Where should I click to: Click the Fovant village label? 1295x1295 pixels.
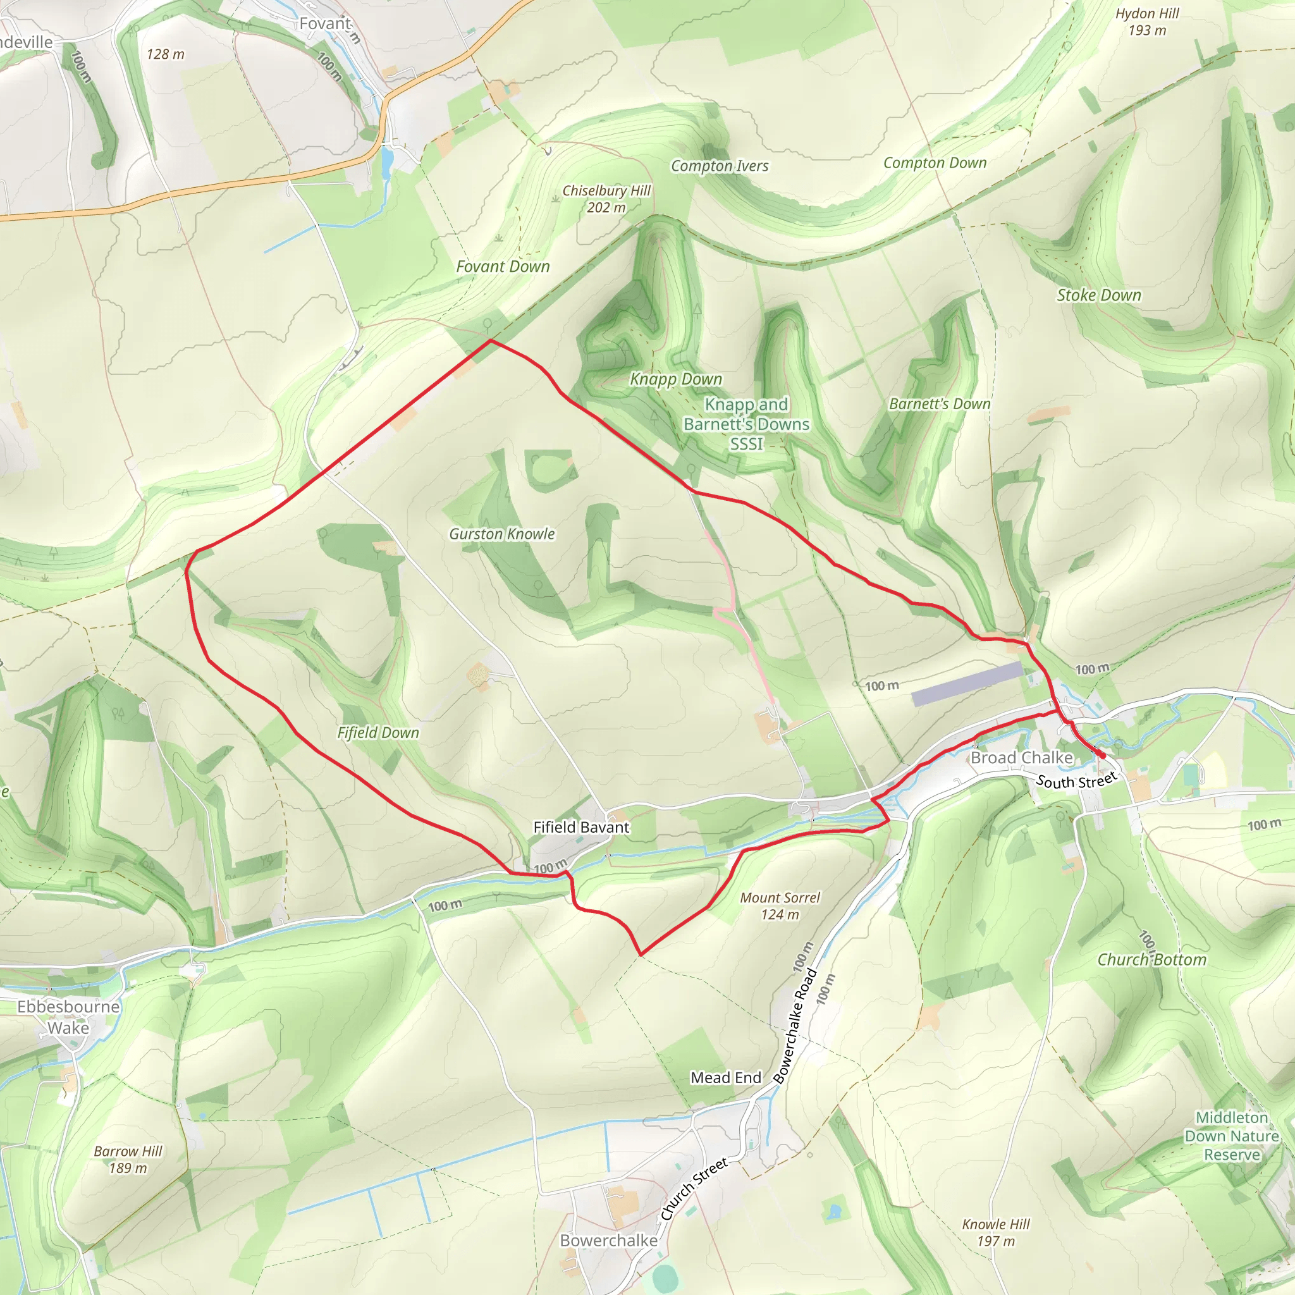[325, 24]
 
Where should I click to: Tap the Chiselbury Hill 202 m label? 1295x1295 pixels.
[606, 199]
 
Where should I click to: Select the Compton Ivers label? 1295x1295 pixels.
[720, 166]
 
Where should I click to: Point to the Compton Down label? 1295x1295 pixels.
[935, 163]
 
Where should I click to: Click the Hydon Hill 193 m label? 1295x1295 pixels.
[1147, 22]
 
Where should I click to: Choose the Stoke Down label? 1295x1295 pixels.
[1098, 295]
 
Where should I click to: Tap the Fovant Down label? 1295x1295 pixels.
[503, 267]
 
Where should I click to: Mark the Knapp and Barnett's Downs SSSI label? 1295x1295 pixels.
[746, 424]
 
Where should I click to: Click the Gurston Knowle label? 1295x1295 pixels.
[502, 534]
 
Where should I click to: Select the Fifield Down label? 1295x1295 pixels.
[378, 733]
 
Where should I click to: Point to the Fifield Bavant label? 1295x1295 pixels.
[581, 828]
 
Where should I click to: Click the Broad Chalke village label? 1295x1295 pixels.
[1022, 758]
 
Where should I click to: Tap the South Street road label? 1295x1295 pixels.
[1076, 780]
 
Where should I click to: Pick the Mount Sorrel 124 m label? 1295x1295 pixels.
[780, 906]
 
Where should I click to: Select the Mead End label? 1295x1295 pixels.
[726, 1078]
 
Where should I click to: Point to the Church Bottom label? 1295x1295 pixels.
[1151, 960]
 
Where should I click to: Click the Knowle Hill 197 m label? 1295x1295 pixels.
[995, 1232]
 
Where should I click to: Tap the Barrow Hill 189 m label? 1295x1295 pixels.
[128, 1160]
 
